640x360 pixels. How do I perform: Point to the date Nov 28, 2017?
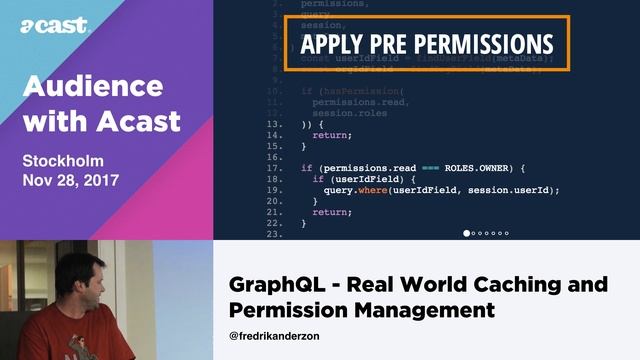tap(71, 181)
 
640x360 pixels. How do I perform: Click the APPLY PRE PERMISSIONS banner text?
tap(426, 45)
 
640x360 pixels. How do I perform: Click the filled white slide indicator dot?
tap(467, 233)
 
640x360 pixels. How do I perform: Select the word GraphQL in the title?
tap(277, 285)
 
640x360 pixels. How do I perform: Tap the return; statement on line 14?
tap(333, 135)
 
